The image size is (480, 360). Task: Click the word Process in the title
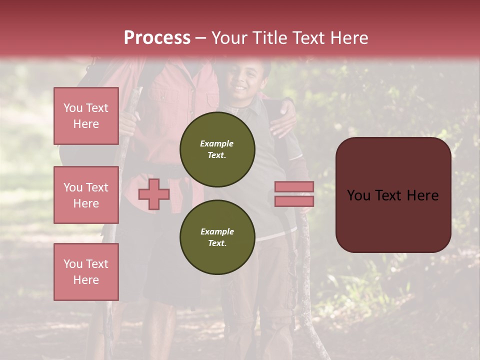click(157, 38)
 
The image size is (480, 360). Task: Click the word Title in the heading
click(270, 38)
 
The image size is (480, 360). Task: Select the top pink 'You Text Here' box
click(86, 116)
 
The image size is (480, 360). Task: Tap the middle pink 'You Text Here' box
click(86, 195)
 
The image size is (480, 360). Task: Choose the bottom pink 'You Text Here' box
click(86, 272)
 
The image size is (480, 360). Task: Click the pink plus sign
click(154, 194)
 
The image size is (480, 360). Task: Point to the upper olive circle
click(217, 149)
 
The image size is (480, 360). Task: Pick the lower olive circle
click(217, 237)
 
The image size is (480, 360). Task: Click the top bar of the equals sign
click(294, 187)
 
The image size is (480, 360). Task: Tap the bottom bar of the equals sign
click(294, 201)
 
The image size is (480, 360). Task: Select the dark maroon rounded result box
click(393, 195)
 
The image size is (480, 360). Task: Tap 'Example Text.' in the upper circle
click(217, 149)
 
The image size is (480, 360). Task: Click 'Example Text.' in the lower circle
click(217, 237)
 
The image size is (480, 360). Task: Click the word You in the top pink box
click(72, 108)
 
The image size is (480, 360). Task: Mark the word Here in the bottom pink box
click(86, 280)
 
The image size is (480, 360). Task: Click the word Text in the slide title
click(308, 38)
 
